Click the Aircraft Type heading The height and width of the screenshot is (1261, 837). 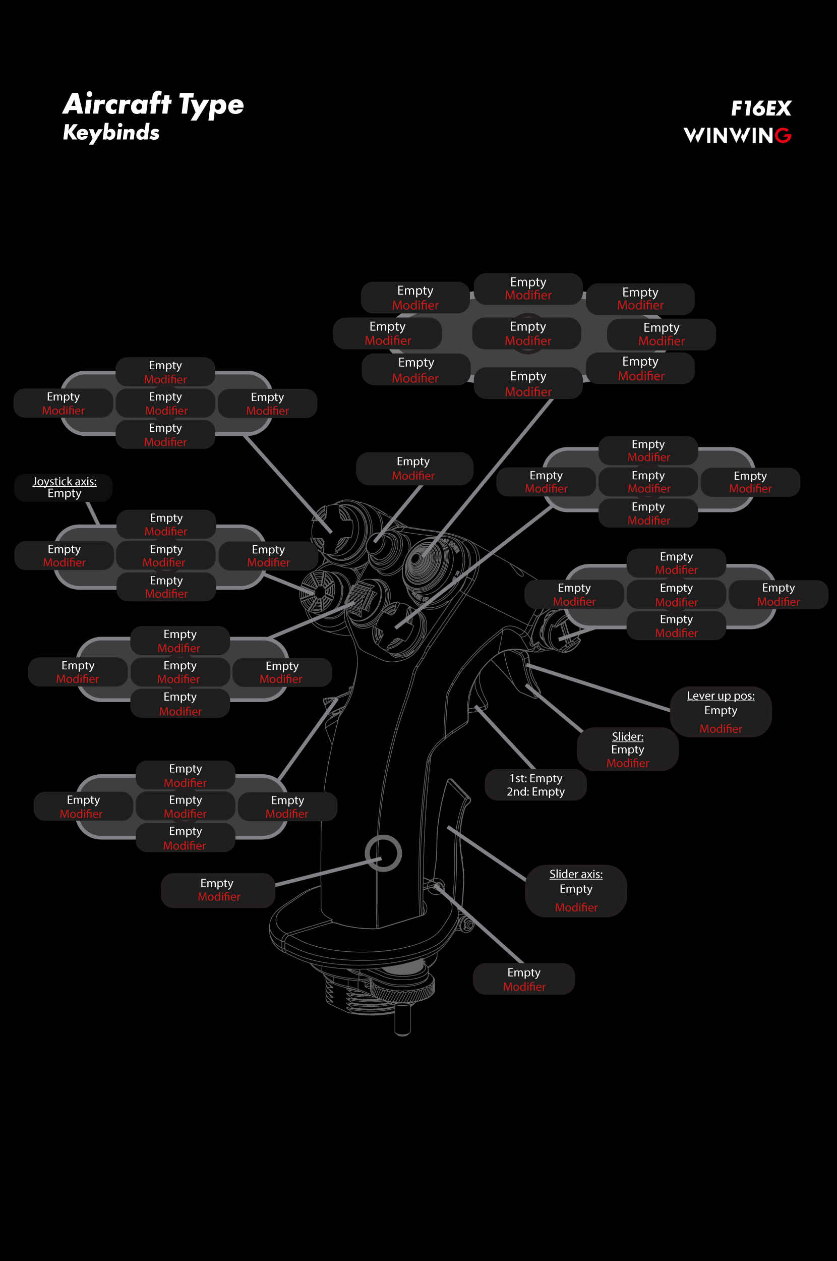(x=153, y=103)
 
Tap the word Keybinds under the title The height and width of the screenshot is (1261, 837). (x=111, y=132)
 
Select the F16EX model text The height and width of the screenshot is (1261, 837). (x=761, y=108)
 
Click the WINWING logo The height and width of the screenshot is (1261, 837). (x=737, y=136)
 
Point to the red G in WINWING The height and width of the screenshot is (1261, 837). (x=783, y=136)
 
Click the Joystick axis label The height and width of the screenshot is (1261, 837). (x=65, y=481)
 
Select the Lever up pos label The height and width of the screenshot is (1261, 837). (x=721, y=696)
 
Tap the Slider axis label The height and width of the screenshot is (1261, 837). (x=576, y=874)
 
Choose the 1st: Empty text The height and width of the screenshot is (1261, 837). (x=535, y=778)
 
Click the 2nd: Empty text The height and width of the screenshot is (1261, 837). (x=535, y=791)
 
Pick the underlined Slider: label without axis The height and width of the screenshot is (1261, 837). (x=627, y=737)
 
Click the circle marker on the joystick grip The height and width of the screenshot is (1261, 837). (x=383, y=852)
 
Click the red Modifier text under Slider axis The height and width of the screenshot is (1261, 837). (x=576, y=907)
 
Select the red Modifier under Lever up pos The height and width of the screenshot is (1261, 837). (x=721, y=729)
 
